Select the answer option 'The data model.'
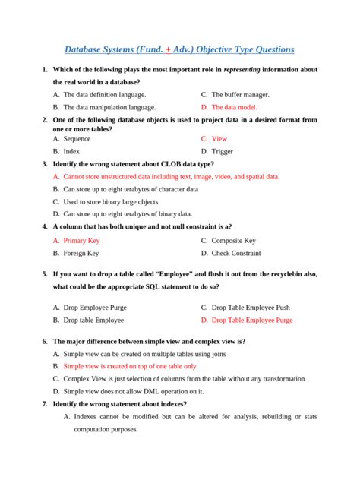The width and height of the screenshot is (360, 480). click(240, 107)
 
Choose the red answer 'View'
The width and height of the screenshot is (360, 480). click(219, 139)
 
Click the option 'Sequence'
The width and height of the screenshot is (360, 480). click(77, 139)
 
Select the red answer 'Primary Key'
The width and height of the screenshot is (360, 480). click(81, 240)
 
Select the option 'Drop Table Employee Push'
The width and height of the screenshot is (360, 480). click(251, 308)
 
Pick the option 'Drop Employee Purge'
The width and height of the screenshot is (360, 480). click(95, 308)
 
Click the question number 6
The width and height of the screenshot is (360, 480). click(45, 341)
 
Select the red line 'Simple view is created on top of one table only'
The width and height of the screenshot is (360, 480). click(130, 365)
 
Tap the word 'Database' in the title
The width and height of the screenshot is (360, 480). click(84, 50)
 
